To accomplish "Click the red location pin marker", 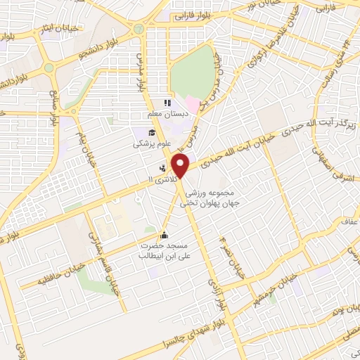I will tap(181, 167).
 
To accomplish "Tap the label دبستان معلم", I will tap(165, 114).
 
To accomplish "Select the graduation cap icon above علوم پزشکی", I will tap(151, 132).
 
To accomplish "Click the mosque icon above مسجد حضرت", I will tap(165, 234).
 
